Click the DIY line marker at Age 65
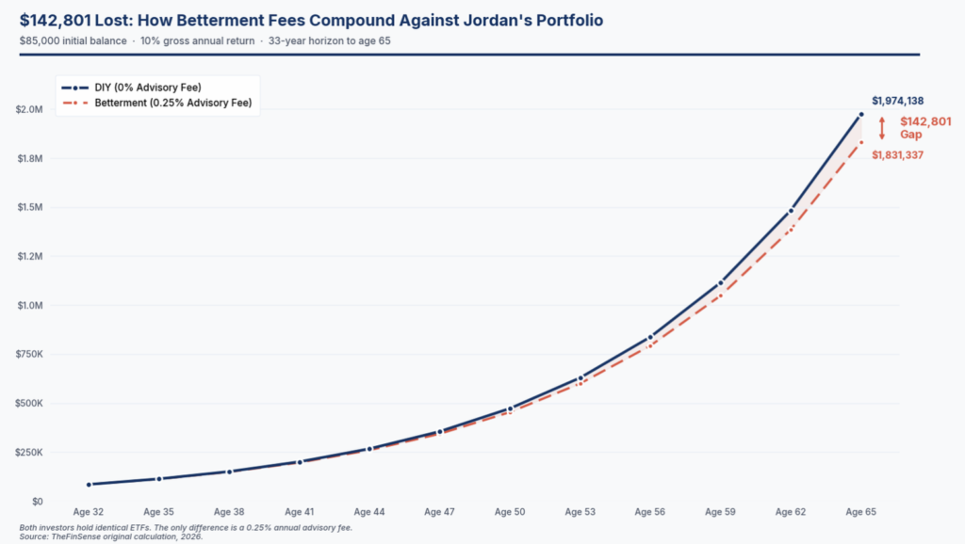click(x=860, y=115)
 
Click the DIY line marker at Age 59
click(x=721, y=282)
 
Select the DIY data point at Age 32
click(x=89, y=485)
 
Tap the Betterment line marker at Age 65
click(x=860, y=142)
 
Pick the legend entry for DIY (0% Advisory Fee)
click(x=147, y=88)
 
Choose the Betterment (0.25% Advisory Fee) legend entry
click(x=173, y=103)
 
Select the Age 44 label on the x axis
click(x=369, y=512)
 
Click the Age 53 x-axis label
click(x=580, y=512)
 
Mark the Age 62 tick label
click(x=791, y=512)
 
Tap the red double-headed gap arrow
click(x=883, y=128)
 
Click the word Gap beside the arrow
click(x=910, y=136)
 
